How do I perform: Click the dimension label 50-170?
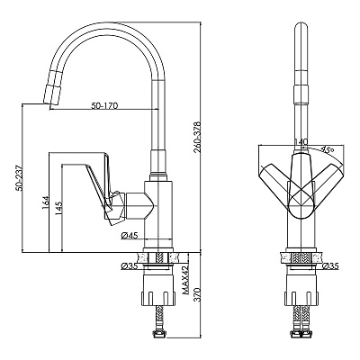104,105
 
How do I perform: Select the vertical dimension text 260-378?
197,137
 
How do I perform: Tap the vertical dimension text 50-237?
20,177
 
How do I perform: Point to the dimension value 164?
45,203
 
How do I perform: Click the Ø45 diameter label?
130,236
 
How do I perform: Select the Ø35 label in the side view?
129,266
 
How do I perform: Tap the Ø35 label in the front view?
331,265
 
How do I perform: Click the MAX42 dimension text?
185,280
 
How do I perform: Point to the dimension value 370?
197,295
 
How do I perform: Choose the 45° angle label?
327,148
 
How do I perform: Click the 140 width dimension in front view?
301,142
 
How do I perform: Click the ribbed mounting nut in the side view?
157,297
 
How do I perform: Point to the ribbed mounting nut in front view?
301,297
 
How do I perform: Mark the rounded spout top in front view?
301,29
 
